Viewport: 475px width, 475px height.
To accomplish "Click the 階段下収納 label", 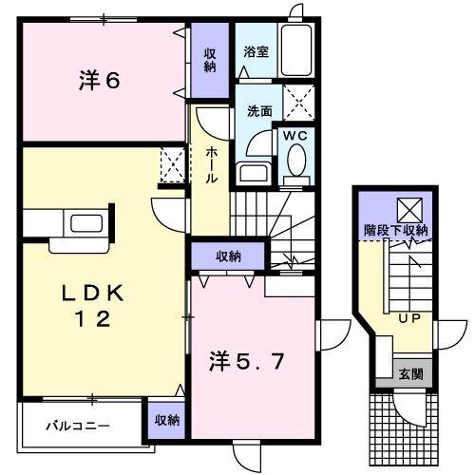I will pos(396,230).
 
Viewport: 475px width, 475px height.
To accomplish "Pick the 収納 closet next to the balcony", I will pos(164,419).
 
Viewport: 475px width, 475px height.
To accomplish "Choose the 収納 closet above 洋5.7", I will pos(227,256).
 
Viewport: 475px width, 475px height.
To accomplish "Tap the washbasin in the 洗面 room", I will pos(252,173).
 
